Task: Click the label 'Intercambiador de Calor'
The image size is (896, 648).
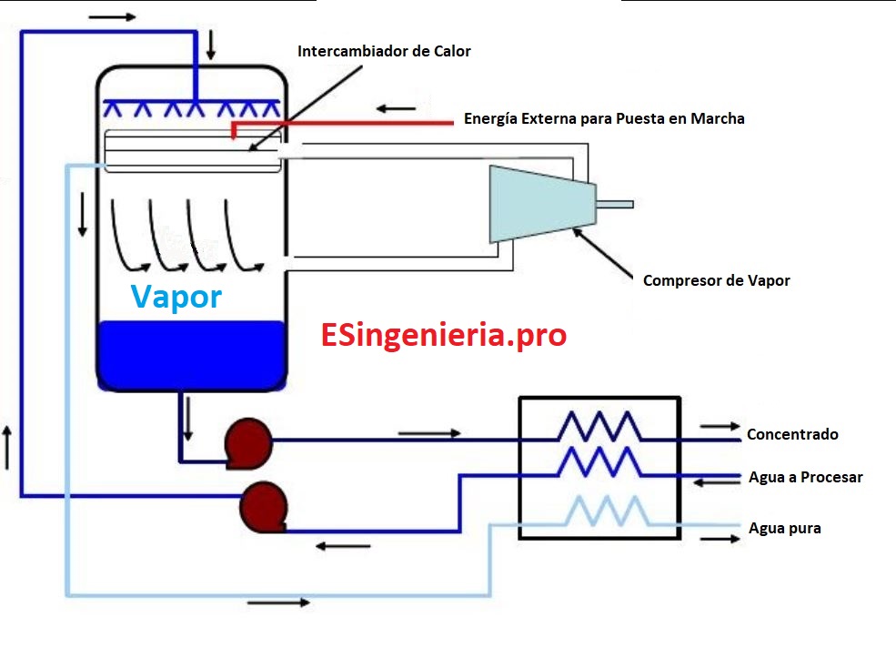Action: (x=384, y=52)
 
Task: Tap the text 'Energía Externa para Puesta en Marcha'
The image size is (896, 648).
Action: (x=604, y=119)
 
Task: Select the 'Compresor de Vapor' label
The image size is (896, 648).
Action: (x=716, y=280)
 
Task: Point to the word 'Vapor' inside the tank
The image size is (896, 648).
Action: (x=176, y=297)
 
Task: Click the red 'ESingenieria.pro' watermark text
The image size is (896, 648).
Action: (x=444, y=335)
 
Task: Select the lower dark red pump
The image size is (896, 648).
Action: (x=264, y=505)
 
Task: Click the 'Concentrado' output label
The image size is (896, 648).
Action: (x=792, y=435)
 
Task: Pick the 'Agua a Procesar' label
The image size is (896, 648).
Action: (x=805, y=477)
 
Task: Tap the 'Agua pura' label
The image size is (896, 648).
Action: (x=784, y=528)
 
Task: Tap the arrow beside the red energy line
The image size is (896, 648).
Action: (x=397, y=109)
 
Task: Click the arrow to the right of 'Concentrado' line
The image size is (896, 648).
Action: (x=719, y=426)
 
